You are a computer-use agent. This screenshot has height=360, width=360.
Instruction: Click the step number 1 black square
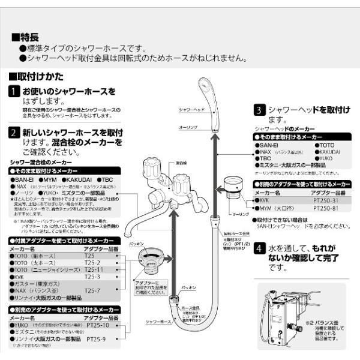pyautogui.click(x=15, y=92)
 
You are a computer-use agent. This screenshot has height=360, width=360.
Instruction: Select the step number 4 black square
pyautogui.click(x=259, y=248)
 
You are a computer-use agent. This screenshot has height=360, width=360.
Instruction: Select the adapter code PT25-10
pyautogui.click(x=98, y=325)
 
